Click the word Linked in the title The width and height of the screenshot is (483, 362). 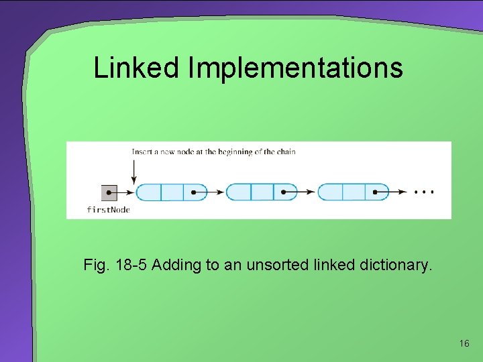[x=138, y=68]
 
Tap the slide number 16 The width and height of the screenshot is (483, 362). [x=464, y=343]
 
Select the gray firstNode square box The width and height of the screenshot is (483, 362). [x=109, y=192]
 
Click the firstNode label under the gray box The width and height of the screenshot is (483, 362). [x=108, y=210]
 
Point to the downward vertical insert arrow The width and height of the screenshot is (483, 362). [x=134, y=170]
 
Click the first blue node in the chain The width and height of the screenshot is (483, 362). [x=171, y=192]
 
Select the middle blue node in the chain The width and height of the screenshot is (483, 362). [x=261, y=192]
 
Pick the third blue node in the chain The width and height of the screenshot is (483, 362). [x=353, y=192]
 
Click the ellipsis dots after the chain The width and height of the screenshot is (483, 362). [x=424, y=192]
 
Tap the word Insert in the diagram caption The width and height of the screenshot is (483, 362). [x=142, y=152]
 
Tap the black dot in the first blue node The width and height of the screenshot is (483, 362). [x=194, y=192]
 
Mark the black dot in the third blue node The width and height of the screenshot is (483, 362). [x=376, y=192]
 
